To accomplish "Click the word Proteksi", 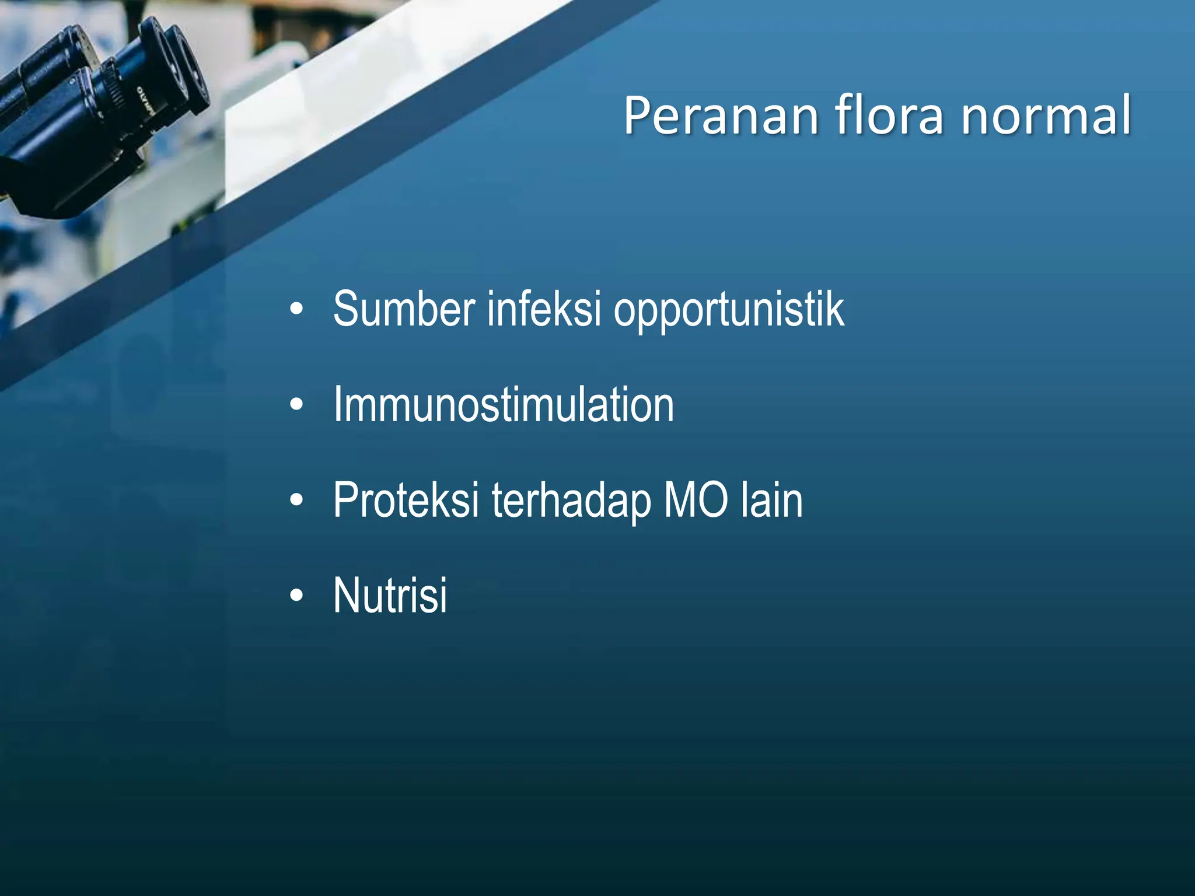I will (406, 500).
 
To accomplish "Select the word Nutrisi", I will (390, 596).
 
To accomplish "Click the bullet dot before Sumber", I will (296, 310).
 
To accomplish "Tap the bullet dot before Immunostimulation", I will (296, 405).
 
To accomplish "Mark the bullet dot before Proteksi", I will (296, 501).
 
